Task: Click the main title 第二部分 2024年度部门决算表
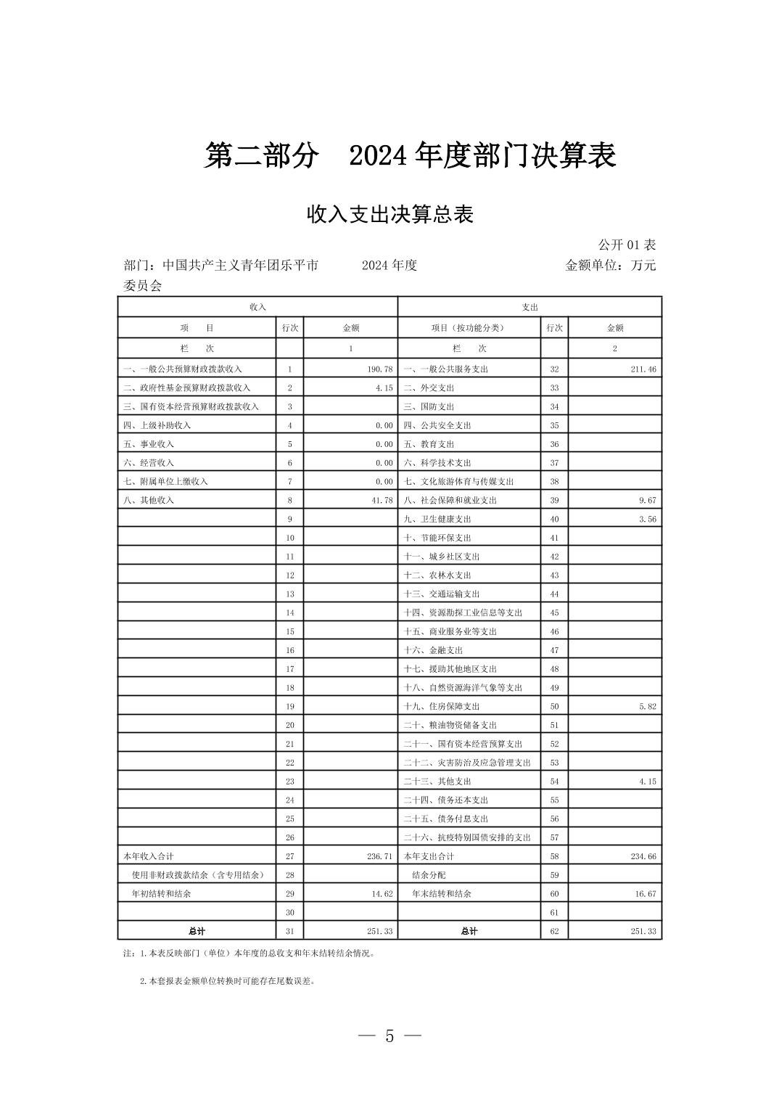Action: (410, 155)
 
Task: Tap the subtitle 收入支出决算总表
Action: (389, 215)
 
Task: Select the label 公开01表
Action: (627, 245)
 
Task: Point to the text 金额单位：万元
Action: (610, 266)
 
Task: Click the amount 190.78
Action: (379, 369)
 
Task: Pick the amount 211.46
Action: (643, 369)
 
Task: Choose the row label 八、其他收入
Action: (149, 500)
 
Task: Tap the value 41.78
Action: (382, 500)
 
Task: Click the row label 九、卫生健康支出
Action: (437, 519)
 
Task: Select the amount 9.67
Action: (647, 500)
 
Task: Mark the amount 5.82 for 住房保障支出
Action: (647, 706)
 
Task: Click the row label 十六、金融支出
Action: (433, 650)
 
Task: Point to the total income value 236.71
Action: (379, 856)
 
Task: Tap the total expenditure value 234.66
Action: (643, 856)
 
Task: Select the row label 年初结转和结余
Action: (161, 894)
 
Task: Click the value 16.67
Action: (645, 894)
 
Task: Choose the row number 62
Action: (554, 931)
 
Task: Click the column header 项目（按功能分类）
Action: (468, 328)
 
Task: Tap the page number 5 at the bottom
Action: (389, 1036)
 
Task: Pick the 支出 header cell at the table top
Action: (529, 308)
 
